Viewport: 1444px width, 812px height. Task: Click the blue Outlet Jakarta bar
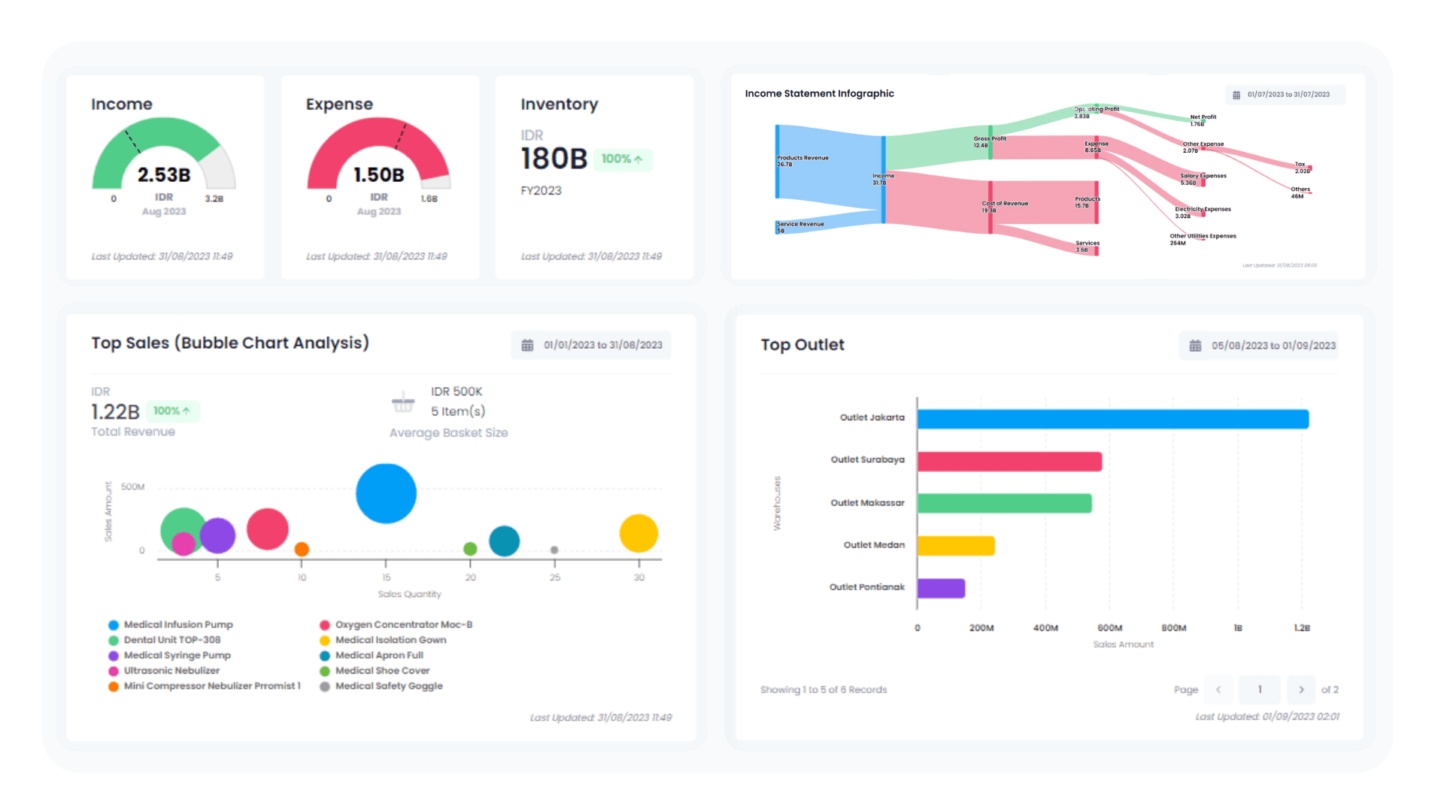[1112, 419]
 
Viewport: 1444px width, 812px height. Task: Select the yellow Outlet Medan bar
[956, 546]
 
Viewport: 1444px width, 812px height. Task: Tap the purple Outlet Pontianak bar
[941, 588]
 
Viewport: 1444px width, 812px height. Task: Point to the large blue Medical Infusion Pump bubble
[386, 493]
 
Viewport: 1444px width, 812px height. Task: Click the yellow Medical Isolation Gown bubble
[639, 533]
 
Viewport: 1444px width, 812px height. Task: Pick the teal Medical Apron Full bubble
[504, 541]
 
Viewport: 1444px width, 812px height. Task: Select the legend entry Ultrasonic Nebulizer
[171, 671]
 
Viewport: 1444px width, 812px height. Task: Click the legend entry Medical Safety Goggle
[389, 686]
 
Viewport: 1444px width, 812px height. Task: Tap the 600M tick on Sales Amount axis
[1109, 628]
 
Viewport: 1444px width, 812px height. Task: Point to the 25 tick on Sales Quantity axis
[555, 577]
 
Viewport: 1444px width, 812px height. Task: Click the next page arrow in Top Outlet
[1301, 689]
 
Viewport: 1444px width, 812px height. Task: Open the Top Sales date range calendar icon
[527, 345]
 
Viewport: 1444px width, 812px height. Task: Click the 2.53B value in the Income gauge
[164, 175]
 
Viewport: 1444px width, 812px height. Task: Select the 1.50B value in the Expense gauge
[379, 175]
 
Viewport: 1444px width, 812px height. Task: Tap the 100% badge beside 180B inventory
[622, 159]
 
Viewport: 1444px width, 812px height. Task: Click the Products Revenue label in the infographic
[802, 158]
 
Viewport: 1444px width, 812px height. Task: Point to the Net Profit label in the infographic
[1203, 117]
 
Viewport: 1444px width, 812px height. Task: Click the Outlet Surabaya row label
[867, 459]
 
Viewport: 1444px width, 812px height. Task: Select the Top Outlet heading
[802, 344]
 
